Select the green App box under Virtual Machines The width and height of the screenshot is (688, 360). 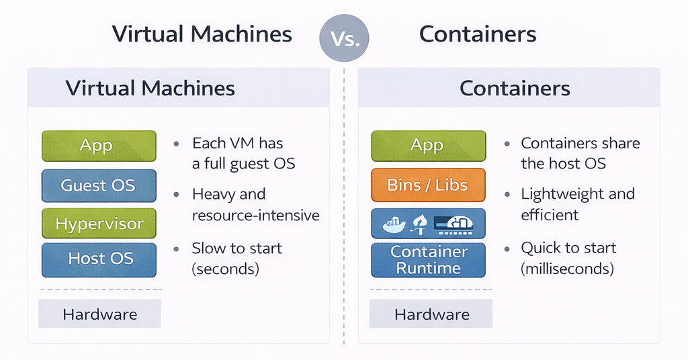99,146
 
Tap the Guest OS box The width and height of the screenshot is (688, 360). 99,185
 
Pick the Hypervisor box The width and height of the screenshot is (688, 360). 99,224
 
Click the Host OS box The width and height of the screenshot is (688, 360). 99,259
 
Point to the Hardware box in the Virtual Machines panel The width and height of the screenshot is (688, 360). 99,314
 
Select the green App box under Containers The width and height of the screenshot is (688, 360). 428,146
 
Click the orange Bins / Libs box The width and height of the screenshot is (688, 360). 428,185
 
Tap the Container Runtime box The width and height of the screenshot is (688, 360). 428,259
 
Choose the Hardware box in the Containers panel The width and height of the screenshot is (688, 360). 431,314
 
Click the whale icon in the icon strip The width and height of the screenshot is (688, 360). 393,224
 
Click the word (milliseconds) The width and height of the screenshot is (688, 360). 567,269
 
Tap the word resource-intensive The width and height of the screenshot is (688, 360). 255,216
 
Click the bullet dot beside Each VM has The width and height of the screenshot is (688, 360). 176,144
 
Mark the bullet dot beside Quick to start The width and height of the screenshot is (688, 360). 506,249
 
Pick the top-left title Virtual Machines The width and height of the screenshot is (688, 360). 202,34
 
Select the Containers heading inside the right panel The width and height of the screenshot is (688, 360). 515,88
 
